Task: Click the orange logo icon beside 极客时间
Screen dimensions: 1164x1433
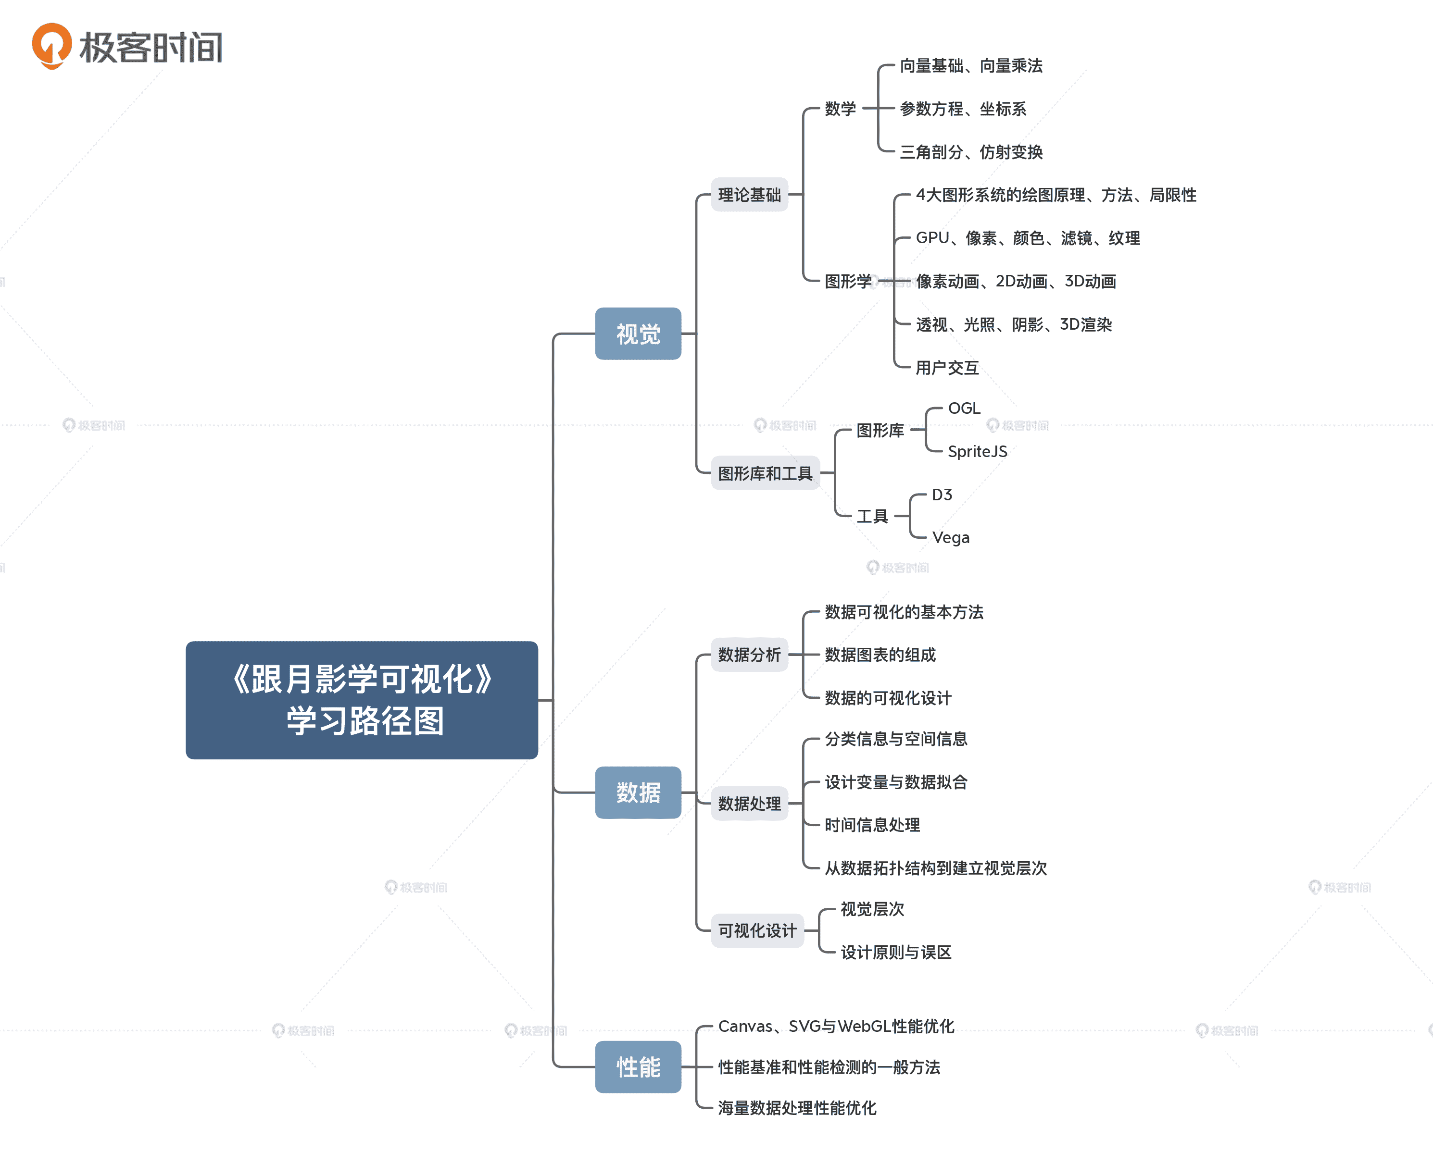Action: click(51, 46)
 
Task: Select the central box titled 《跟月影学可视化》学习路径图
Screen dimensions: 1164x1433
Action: click(362, 700)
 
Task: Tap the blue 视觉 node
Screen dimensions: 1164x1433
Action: click(638, 334)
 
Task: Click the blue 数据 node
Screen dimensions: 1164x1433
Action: click(638, 793)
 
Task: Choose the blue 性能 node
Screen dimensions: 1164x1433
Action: click(638, 1067)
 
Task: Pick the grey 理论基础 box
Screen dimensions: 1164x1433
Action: click(749, 195)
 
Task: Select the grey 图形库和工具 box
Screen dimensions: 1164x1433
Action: click(765, 473)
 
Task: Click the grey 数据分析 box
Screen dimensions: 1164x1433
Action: click(749, 655)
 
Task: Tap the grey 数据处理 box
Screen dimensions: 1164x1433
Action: click(749, 803)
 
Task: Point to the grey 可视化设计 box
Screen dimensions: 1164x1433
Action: click(757, 930)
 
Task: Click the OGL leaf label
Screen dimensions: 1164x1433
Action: click(964, 409)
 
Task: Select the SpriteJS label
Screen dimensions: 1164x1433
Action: click(978, 452)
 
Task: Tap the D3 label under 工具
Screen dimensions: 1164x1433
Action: click(942, 495)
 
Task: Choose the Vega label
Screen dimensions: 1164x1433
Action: click(951, 538)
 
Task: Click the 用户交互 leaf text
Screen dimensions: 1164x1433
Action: click(947, 368)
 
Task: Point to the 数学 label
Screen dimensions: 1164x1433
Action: click(840, 109)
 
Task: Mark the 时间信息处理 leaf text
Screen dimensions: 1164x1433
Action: click(872, 825)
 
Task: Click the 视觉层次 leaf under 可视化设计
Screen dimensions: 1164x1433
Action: click(872, 909)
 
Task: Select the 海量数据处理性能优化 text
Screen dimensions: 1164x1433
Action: click(797, 1108)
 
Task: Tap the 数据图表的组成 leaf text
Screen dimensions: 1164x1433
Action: click(880, 655)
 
